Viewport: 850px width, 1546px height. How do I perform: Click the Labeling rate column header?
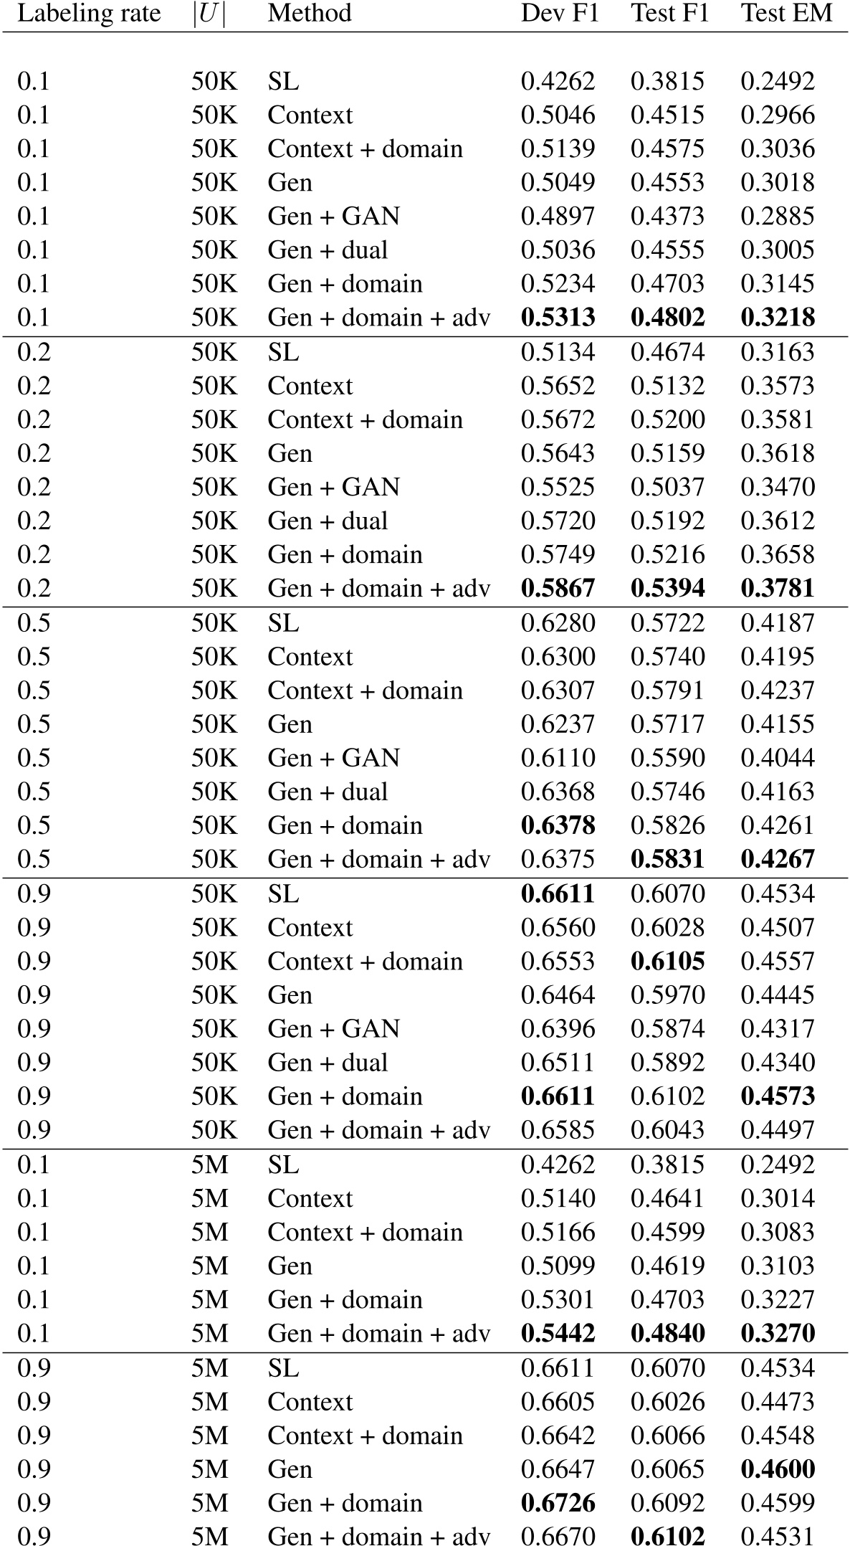pyautogui.click(x=89, y=14)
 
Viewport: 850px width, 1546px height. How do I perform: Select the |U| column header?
pyautogui.click(x=209, y=14)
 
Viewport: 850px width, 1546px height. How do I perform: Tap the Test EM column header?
pyautogui.click(x=786, y=14)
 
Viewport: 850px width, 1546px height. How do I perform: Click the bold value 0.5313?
pyautogui.click(x=558, y=318)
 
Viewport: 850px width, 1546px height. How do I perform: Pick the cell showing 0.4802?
pyautogui.click(x=668, y=318)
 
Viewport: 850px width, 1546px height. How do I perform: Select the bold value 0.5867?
pyautogui.click(x=558, y=589)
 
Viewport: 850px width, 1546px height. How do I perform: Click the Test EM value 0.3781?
pyautogui.click(x=778, y=589)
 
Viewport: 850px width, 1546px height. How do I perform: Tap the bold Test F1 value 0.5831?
pyautogui.click(x=668, y=860)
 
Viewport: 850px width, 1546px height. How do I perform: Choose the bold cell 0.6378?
pyautogui.click(x=558, y=826)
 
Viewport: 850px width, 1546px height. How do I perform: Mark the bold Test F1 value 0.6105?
pyautogui.click(x=668, y=962)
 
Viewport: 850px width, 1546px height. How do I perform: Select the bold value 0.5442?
pyautogui.click(x=558, y=1334)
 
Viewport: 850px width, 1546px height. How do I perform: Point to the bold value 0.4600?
pyautogui.click(x=778, y=1469)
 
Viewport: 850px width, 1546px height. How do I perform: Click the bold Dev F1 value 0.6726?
pyautogui.click(x=558, y=1503)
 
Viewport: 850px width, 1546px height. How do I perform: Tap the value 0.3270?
pyautogui.click(x=778, y=1334)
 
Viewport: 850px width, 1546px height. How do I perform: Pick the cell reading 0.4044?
pyautogui.click(x=778, y=759)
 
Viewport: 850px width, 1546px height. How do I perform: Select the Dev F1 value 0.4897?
pyautogui.click(x=558, y=217)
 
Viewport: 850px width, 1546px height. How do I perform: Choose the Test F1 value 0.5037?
pyautogui.click(x=668, y=488)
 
